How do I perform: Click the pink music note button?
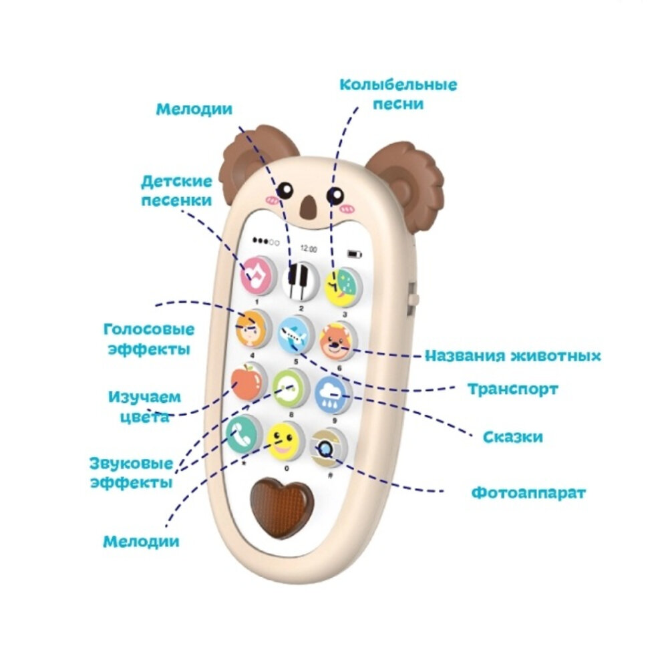pyautogui.click(x=257, y=275)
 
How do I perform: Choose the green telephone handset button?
pyautogui.click(x=241, y=434)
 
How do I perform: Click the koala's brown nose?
pyautogui.click(x=308, y=208)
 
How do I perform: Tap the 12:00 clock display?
pyautogui.click(x=308, y=248)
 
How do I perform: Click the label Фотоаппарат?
pyautogui.click(x=528, y=494)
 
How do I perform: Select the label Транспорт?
pyautogui.click(x=512, y=389)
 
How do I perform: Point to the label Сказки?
pyautogui.click(x=512, y=437)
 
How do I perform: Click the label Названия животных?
pyautogui.click(x=513, y=355)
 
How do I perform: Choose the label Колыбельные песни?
pyautogui.click(x=398, y=94)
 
